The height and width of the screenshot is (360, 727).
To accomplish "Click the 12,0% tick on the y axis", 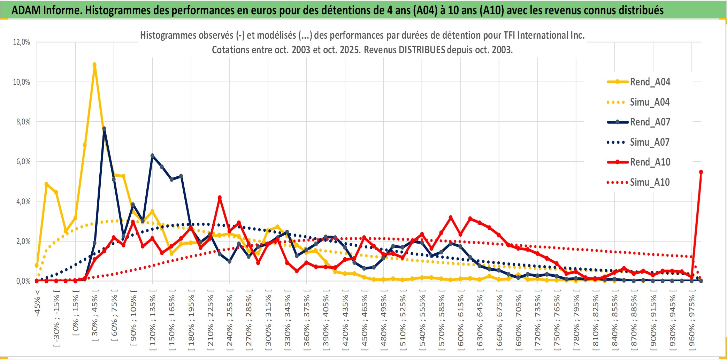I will [22, 42].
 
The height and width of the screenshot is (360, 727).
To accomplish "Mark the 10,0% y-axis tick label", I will [22, 82].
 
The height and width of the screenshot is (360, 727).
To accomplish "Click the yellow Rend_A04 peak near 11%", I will [94, 64].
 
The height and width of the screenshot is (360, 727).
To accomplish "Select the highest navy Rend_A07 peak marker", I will [104, 129].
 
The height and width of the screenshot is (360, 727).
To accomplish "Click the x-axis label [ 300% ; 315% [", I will [268, 321].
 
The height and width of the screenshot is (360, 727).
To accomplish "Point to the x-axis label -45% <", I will [37, 303].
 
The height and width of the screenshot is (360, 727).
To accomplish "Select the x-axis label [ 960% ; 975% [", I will [692, 321].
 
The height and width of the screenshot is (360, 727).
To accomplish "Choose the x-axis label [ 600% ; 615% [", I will [461, 321].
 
